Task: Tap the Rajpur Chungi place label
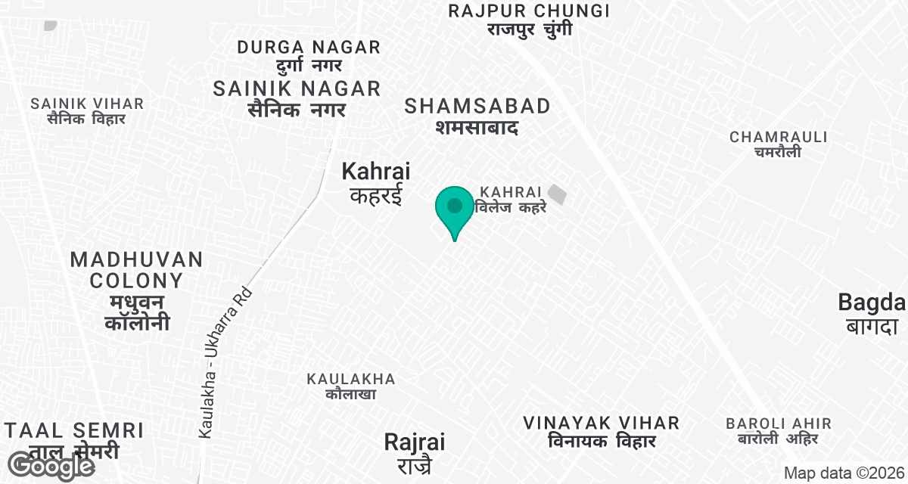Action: click(529, 20)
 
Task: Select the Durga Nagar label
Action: click(309, 56)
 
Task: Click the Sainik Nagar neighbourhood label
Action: click(297, 98)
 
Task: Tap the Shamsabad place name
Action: click(477, 116)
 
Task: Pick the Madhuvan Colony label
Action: click(137, 291)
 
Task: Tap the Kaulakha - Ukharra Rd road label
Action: click(225, 364)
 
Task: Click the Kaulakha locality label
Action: click(350, 386)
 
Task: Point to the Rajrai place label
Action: click(415, 451)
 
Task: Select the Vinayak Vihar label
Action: click(601, 431)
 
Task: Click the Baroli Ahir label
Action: click(778, 431)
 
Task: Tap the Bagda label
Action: click(872, 314)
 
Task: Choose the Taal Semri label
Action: click(74, 440)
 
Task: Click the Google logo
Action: click(51, 466)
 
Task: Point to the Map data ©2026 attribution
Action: click(844, 473)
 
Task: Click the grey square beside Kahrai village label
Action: click(558, 194)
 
